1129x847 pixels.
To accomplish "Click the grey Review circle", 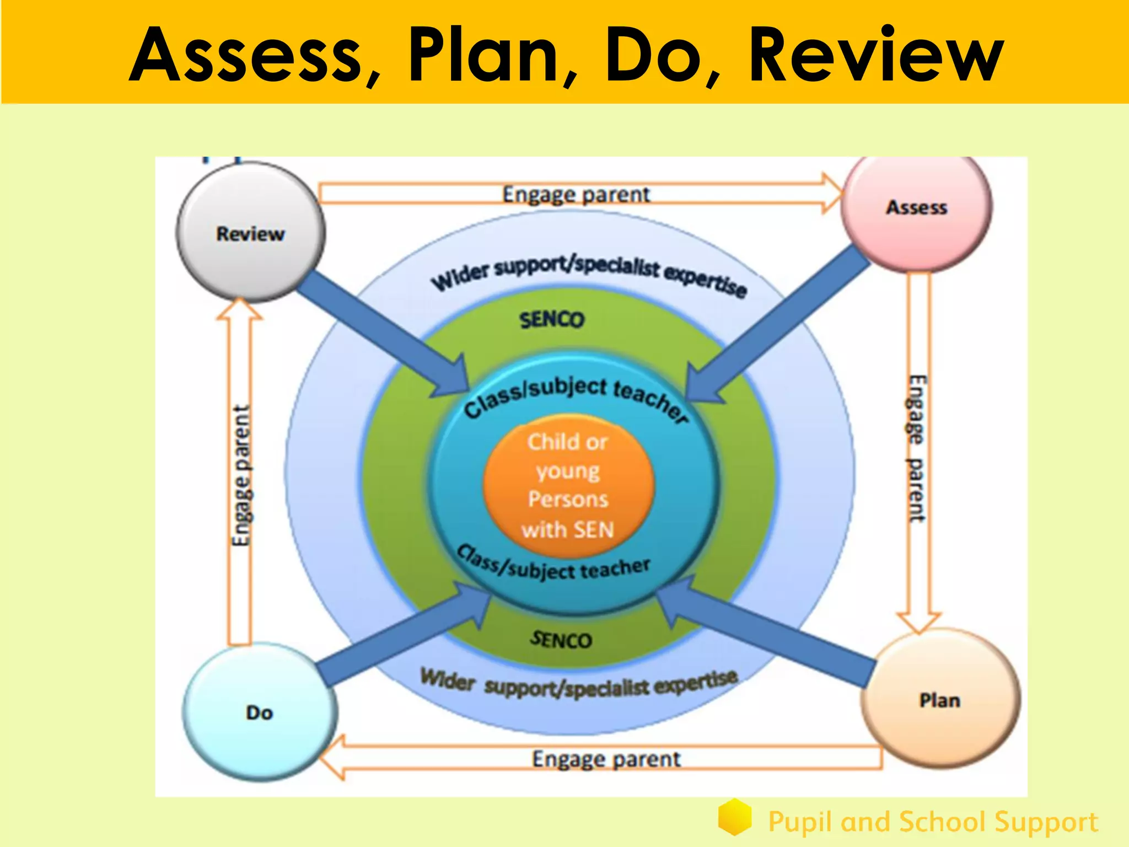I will click(251, 233).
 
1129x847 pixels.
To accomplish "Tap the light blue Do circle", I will click(259, 712).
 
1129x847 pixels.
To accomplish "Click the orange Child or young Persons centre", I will click(568, 485).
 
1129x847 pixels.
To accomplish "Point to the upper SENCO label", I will click(551, 320).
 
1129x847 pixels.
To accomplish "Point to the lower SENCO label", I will click(561, 640).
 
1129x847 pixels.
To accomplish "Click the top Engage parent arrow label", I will click(576, 195).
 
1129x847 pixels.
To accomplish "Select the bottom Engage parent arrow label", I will click(606, 759).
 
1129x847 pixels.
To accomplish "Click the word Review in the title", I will click(877, 55).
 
